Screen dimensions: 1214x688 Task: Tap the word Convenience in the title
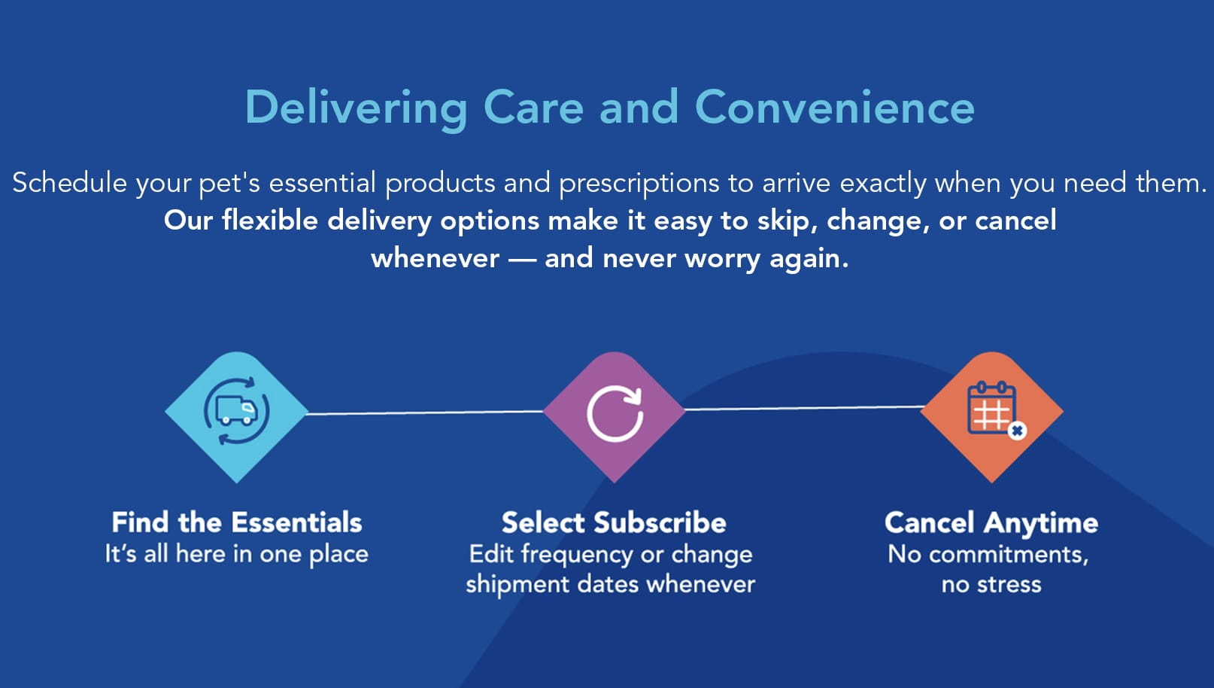click(x=835, y=108)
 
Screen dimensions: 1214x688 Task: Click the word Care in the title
click(x=533, y=108)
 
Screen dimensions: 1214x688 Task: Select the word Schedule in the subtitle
click(x=69, y=182)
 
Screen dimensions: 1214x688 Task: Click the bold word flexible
click(x=270, y=221)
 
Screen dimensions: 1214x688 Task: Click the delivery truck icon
click(x=236, y=410)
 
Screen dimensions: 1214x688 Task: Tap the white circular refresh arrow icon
click(x=615, y=412)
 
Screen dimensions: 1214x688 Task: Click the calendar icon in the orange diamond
click(x=991, y=407)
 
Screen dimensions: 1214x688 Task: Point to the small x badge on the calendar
click(x=1017, y=431)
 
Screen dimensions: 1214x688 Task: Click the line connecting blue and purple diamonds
click(x=426, y=412)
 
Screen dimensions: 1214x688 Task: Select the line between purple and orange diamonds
click(x=804, y=408)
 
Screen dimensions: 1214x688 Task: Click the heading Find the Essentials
click(x=237, y=522)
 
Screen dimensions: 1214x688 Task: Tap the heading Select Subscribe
click(x=614, y=522)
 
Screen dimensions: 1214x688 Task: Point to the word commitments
click(x=1009, y=556)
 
